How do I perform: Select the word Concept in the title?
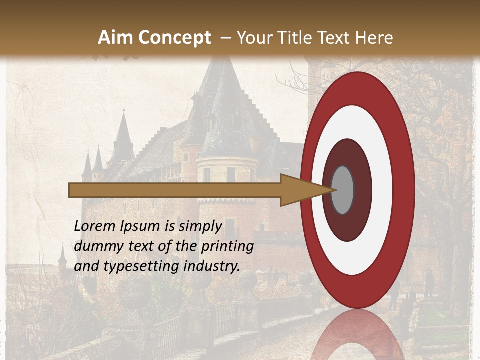175,37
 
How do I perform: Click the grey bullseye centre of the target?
343,190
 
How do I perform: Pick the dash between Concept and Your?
225,38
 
